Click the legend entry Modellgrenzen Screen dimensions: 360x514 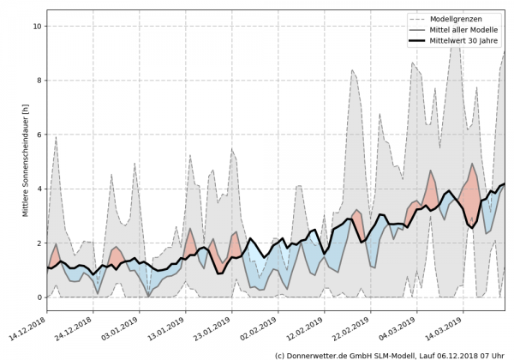[x=469, y=19]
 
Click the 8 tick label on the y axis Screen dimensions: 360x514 [x=39, y=81]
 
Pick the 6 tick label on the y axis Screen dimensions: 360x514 [x=39, y=135]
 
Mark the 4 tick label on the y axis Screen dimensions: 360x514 [x=39, y=189]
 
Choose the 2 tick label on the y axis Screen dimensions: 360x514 [x=39, y=243]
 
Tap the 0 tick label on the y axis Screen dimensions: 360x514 [x=39, y=297]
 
